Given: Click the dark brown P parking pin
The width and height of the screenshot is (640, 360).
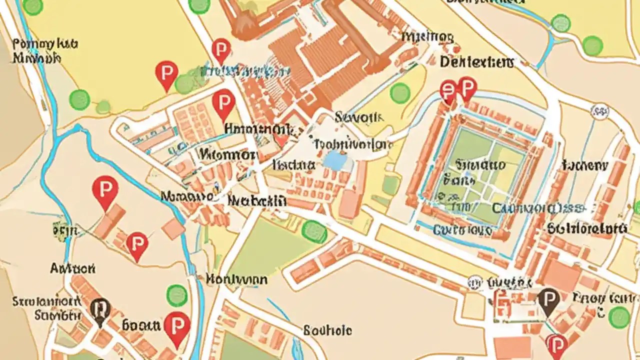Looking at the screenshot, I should [549, 300].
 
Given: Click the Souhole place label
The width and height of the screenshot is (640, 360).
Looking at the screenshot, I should [327, 330].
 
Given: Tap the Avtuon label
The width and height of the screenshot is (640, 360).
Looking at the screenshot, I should [72, 268].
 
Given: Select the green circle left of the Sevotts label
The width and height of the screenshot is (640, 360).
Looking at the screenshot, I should [399, 93].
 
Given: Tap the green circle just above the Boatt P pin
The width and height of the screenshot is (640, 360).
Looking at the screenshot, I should [176, 295].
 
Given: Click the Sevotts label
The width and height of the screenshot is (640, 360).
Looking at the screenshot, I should [358, 117].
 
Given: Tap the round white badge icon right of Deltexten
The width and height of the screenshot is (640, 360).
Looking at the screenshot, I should [599, 110].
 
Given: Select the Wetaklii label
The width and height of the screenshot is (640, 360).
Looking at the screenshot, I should [256, 201].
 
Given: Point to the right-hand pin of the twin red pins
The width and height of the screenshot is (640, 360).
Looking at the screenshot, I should [467, 89].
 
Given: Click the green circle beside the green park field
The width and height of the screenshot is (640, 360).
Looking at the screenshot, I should [314, 231].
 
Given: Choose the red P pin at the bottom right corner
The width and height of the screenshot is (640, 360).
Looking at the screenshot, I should [556, 345].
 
